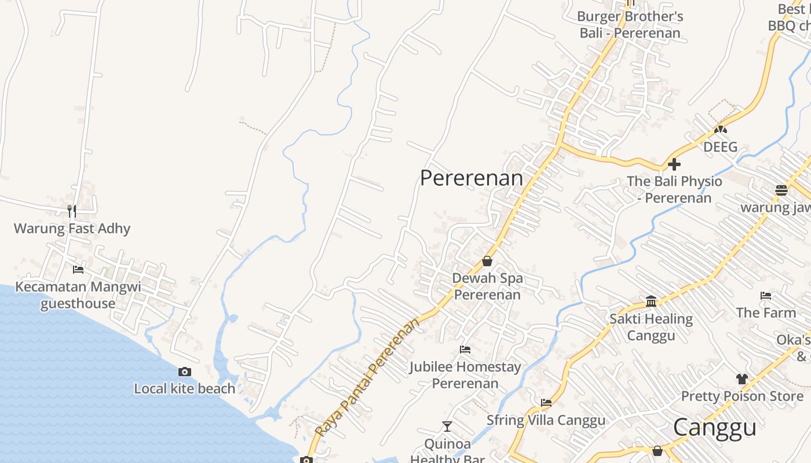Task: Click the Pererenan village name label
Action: pyautogui.click(x=472, y=178)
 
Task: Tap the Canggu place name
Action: pyautogui.click(x=715, y=428)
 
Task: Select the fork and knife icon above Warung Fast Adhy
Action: pyautogui.click(x=72, y=211)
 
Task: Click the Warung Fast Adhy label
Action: pyautogui.click(x=72, y=229)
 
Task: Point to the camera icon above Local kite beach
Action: pyautogui.click(x=185, y=372)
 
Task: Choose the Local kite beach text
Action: pyautogui.click(x=185, y=389)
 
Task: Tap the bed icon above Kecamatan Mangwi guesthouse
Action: pyautogui.click(x=78, y=269)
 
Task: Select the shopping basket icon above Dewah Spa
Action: pyautogui.click(x=487, y=261)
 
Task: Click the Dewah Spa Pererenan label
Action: pyautogui.click(x=487, y=286)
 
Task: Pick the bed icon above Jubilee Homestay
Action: pyautogui.click(x=465, y=349)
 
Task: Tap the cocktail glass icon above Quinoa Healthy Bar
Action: pyautogui.click(x=447, y=427)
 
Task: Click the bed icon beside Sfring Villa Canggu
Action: pyautogui.click(x=546, y=402)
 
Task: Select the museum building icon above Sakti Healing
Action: pyautogui.click(x=651, y=301)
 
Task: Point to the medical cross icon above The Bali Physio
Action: pyautogui.click(x=674, y=164)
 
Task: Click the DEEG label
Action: pyautogui.click(x=721, y=147)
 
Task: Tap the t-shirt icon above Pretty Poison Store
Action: pyautogui.click(x=742, y=379)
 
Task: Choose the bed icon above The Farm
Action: pyautogui.click(x=766, y=296)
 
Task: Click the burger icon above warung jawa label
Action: pyautogui.click(x=781, y=190)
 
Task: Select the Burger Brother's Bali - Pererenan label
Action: pyautogui.click(x=630, y=25)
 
